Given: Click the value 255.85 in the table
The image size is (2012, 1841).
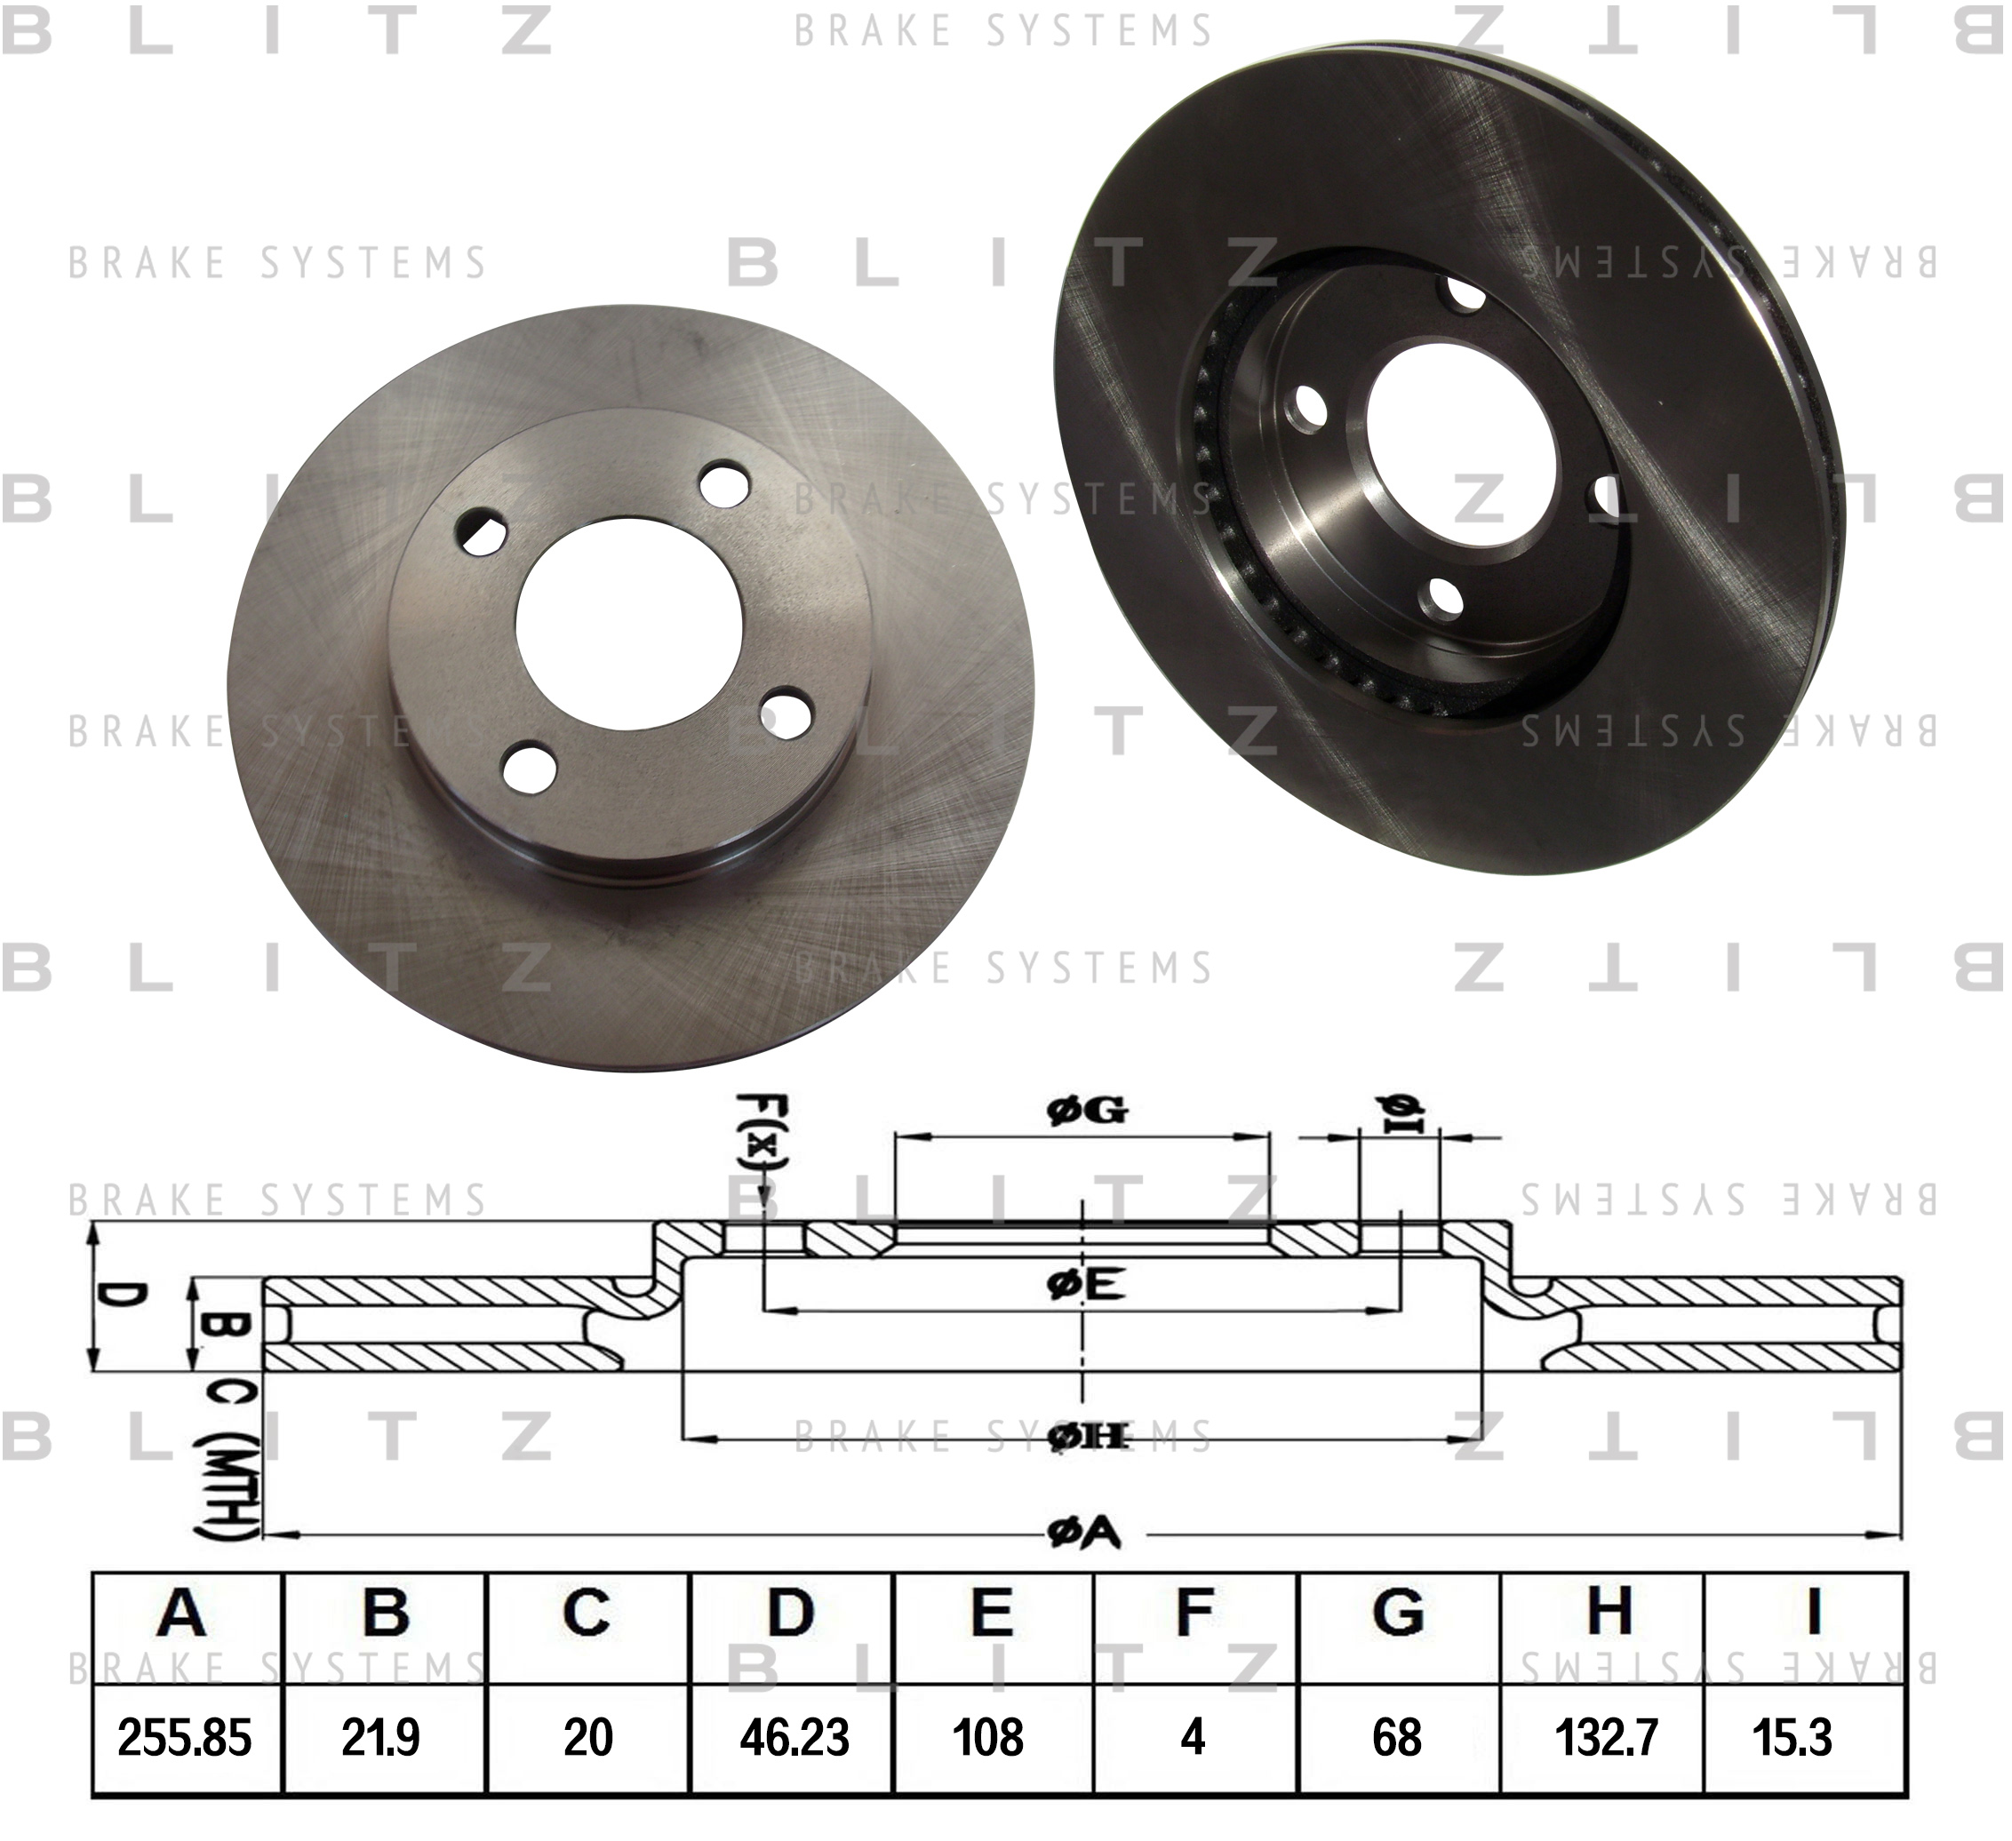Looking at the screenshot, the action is pyautogui.click(x=185, y=1737).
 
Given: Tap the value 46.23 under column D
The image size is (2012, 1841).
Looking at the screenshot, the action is pyautogui.click(x=794, y=1737).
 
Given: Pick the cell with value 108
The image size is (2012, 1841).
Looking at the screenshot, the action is pyautogui.click(x=988, y=1737).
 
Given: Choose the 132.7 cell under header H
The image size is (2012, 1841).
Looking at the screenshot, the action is pyautogui.click(x=1606, y=1737).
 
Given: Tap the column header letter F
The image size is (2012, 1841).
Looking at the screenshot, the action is pyautogui.click(x=1194, y=1613).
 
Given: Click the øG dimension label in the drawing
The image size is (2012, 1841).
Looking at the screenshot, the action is pyautogui.click(x=1087, y=1110).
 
